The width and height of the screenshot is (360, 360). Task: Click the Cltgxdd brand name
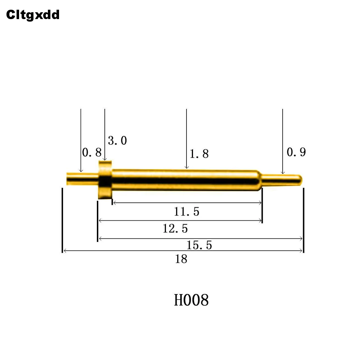33,15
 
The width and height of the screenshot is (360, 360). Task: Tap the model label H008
191,300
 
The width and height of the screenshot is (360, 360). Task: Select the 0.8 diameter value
91,152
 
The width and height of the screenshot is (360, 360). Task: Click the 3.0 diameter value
117,140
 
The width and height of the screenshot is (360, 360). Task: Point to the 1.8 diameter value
199,154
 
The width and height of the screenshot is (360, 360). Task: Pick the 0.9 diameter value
296,152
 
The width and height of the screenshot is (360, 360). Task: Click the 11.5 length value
186,211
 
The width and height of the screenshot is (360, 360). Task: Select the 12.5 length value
175,229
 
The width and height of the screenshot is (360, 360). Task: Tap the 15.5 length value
199,245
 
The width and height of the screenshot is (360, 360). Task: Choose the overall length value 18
181,259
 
